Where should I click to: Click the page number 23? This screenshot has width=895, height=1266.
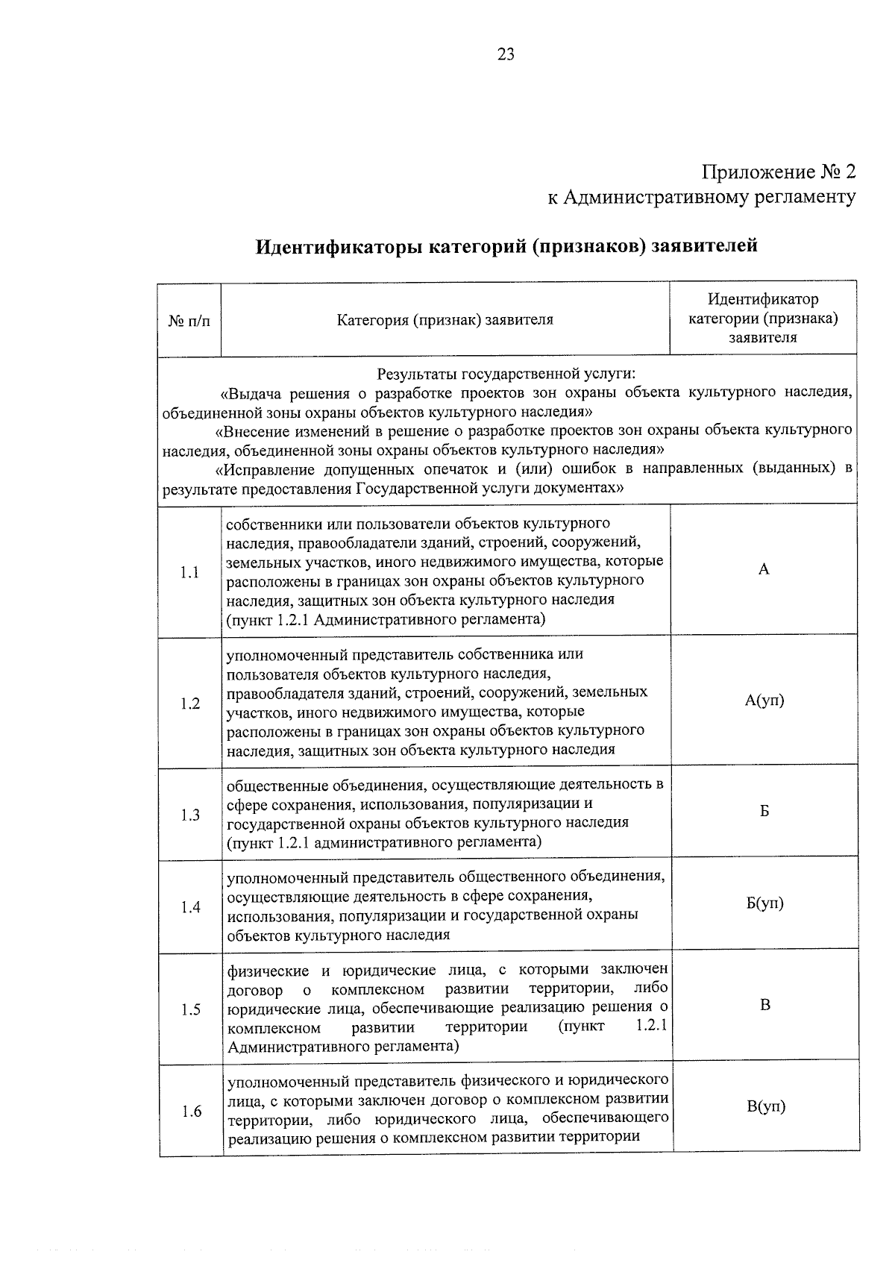(x=506, y=54)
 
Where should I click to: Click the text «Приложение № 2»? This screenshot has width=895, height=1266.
(x=778, y=172)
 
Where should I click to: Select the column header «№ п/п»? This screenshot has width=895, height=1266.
(x=189, y=322)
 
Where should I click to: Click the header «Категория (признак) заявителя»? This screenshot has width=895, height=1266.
(x=445, y=321)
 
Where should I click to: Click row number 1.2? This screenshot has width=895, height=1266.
(x=190, y=703)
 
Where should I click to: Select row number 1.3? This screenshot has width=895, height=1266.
(x=190, y=815)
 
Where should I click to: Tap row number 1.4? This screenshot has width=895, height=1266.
(x=190, y=907)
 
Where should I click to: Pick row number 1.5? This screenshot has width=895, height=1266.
(x=190, y=1010)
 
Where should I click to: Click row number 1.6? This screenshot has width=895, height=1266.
(x=191, y=1112)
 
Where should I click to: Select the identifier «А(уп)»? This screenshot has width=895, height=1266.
(x=764, y=701)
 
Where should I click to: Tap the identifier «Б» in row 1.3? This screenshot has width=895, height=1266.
(x=764, y=811)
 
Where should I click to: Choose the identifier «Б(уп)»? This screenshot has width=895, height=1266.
(x=765, y=903)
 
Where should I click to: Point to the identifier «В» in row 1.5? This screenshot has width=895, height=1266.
(x=765, y=1005)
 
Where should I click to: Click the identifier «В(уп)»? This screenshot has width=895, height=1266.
(x=766, y=1106)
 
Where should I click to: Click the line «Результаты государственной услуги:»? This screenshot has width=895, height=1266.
(x=506, y=373)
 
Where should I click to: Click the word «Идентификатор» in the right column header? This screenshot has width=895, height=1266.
(x=763, y=299)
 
